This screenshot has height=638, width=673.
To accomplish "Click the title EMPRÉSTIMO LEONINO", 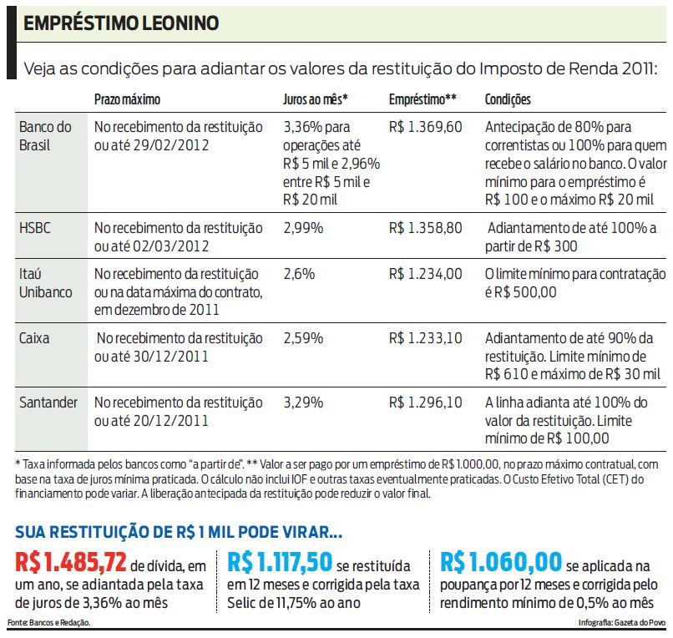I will click(x=121, y=23).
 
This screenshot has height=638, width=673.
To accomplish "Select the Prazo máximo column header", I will click(x=127, y=99).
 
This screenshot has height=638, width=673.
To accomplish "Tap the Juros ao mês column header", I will click(x=316, y=99).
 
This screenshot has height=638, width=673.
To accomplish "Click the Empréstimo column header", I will click(x=423, y=99).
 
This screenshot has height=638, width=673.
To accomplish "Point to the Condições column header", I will click(x=508, y=99).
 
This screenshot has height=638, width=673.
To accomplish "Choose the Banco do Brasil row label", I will click(x=46, y=135).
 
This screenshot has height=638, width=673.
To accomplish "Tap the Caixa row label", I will click(x=36, y=338).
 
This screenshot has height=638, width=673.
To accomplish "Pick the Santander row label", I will click(x=48, y=403).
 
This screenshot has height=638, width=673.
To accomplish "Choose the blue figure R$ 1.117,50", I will click(x=281, y=562).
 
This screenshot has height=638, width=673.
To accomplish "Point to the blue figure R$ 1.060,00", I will click(x=500, y=562).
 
